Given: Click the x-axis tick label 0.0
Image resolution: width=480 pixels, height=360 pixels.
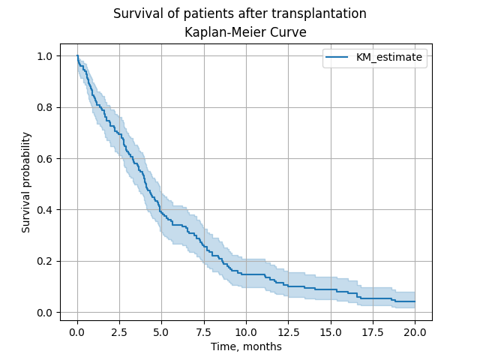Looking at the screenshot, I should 77,332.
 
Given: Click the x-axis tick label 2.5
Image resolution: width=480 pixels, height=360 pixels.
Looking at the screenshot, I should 119,332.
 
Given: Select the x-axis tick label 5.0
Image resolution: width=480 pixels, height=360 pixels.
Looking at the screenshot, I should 161,332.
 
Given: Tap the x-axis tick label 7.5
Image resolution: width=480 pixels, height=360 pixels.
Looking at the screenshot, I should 204,332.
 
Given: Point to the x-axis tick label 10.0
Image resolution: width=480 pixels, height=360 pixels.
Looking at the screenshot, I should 246,332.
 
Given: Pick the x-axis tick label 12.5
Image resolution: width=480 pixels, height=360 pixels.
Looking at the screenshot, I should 288,332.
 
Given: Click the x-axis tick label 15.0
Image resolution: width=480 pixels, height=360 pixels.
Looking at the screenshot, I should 331,332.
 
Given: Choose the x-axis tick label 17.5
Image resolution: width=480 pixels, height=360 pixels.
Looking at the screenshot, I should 373,332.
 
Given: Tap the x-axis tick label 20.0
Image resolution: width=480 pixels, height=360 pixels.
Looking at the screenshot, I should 415,332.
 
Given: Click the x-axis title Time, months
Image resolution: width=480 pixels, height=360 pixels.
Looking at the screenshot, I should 246,346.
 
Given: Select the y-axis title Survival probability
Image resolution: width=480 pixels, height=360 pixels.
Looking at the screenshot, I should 26,182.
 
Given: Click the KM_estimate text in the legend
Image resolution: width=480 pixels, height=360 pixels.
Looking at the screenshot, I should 389,57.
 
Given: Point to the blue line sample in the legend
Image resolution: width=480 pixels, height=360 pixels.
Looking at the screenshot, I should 338,57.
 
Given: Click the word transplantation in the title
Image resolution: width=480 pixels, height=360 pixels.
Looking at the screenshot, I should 318,13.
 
